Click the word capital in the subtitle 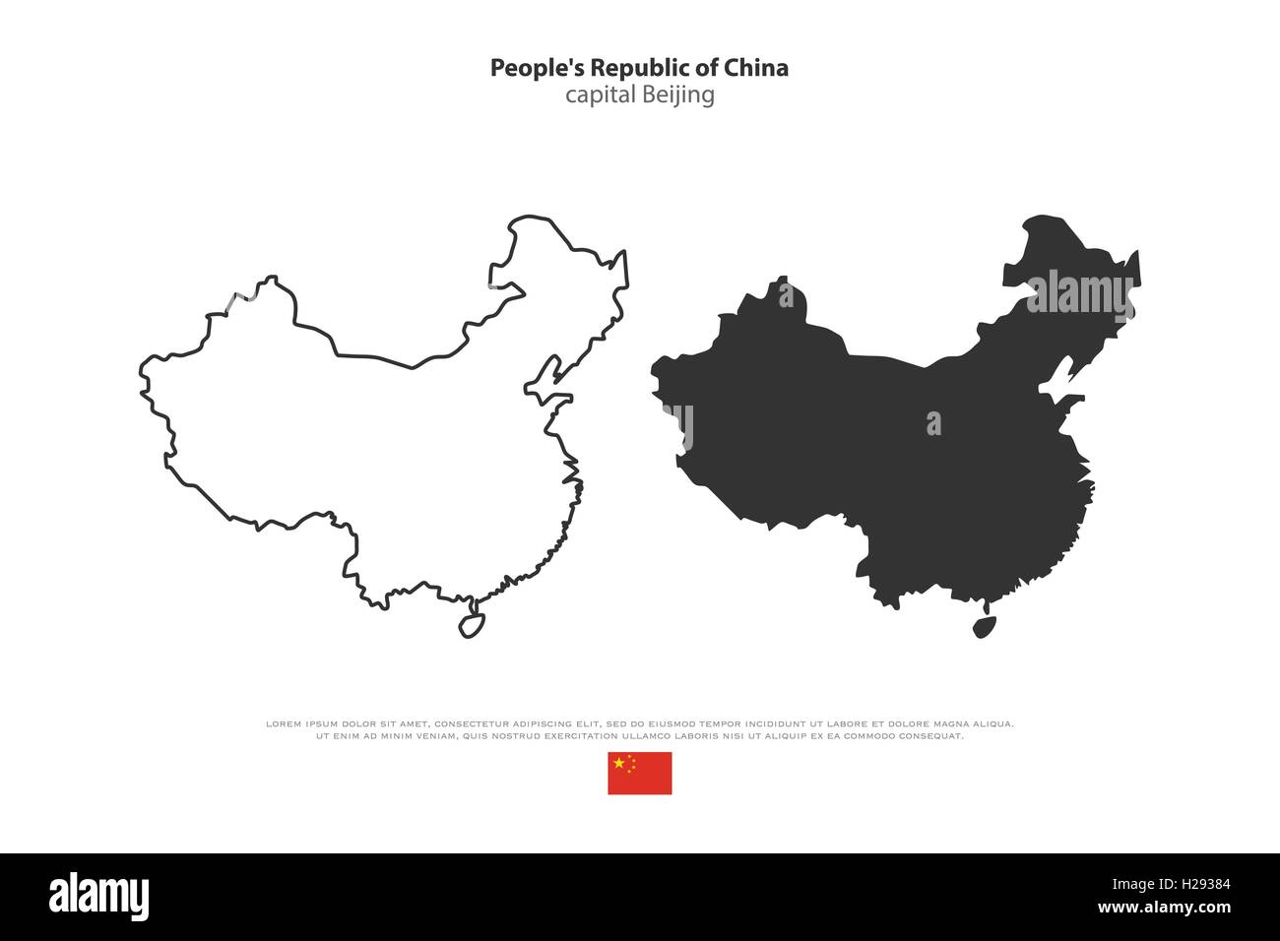600,95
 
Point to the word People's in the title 527,68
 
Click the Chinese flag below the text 639,773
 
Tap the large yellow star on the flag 618,763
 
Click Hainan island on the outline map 472,625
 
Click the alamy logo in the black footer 98,896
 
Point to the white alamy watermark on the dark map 1079,295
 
